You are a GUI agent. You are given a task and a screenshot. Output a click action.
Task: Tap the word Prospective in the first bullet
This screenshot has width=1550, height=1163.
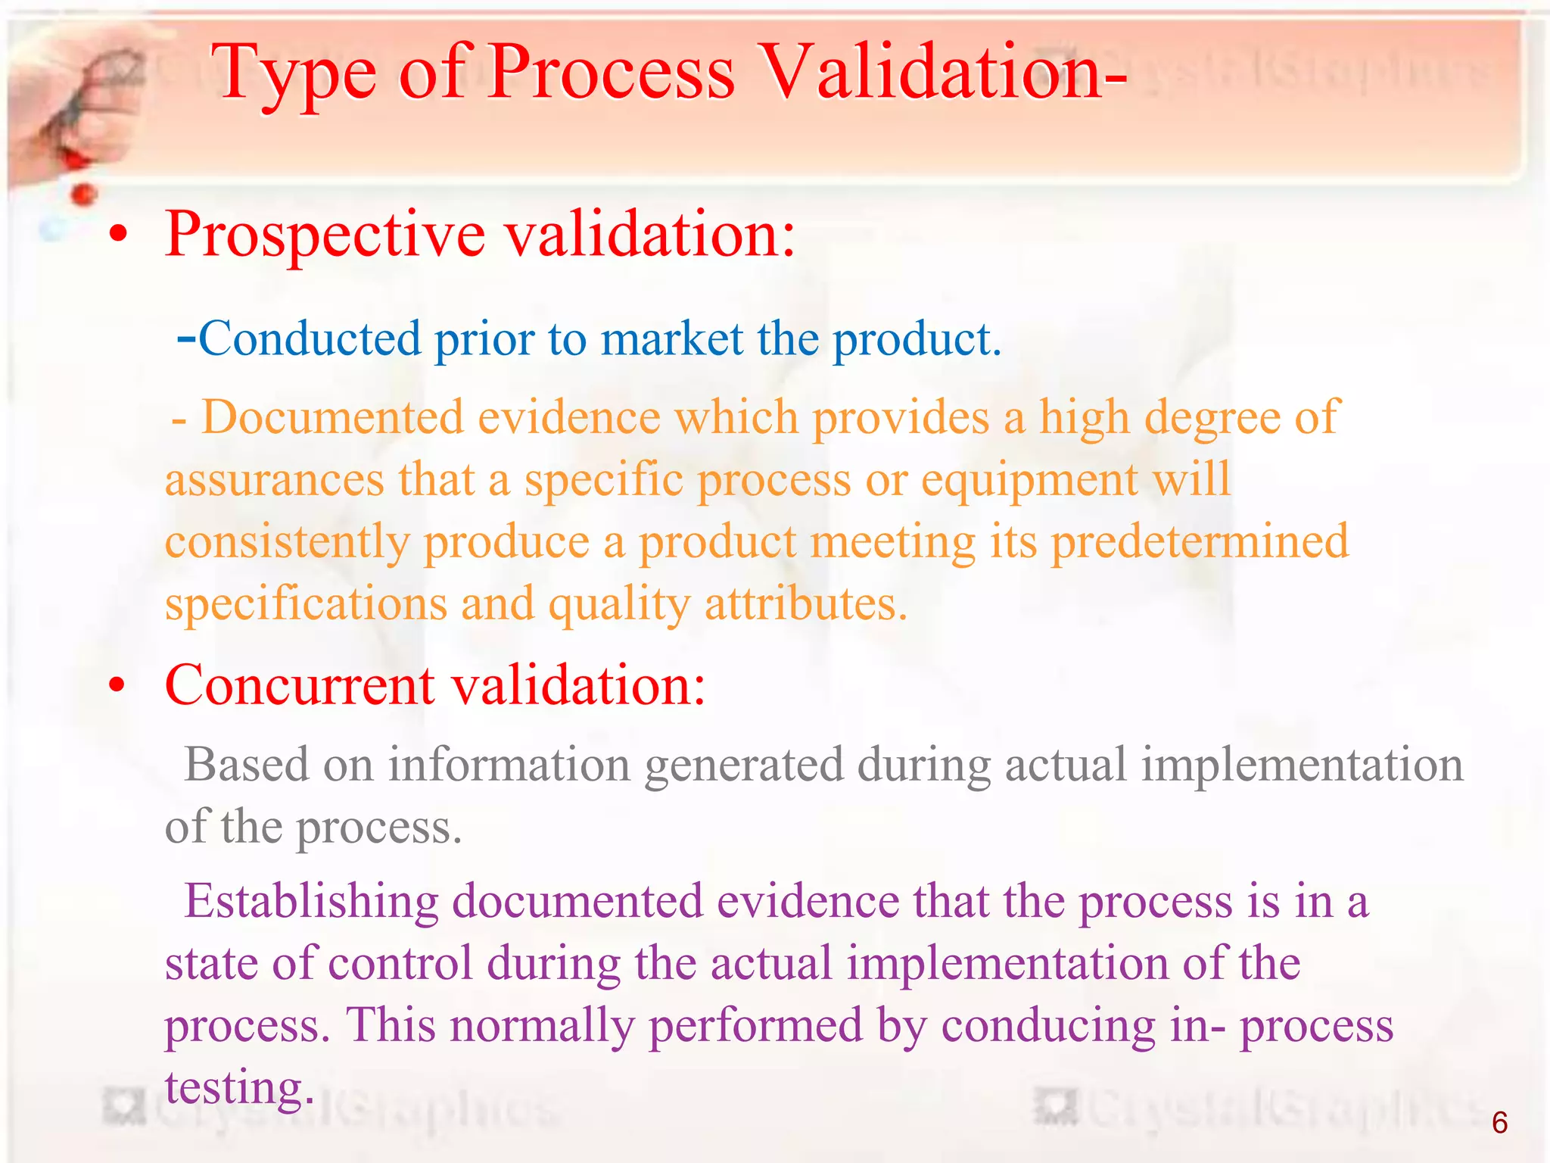click(325, 235)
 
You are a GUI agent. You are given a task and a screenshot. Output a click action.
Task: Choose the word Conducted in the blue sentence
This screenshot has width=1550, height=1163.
click(309, 338)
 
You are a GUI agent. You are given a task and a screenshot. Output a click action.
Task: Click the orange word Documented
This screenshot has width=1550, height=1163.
click(333, 417)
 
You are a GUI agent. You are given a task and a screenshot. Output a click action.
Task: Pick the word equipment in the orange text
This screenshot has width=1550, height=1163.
click(1030, 481)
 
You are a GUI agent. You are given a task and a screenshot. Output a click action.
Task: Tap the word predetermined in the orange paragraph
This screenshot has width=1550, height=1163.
click(1200, 542)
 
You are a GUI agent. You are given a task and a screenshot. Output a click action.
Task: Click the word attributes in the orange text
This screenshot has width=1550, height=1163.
click(805, 604)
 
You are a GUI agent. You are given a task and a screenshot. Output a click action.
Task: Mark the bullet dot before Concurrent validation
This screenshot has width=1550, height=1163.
click(117, 685)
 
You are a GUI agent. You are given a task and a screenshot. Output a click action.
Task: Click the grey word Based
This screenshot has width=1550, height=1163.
click(247, 764)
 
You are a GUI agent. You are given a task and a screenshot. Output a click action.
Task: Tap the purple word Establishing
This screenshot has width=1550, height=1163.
click(311, 902)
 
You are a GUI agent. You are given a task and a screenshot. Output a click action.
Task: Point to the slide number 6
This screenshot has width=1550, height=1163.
click(1499, 1122)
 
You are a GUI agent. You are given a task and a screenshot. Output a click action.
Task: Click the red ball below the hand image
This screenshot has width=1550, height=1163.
click(83, 195)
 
